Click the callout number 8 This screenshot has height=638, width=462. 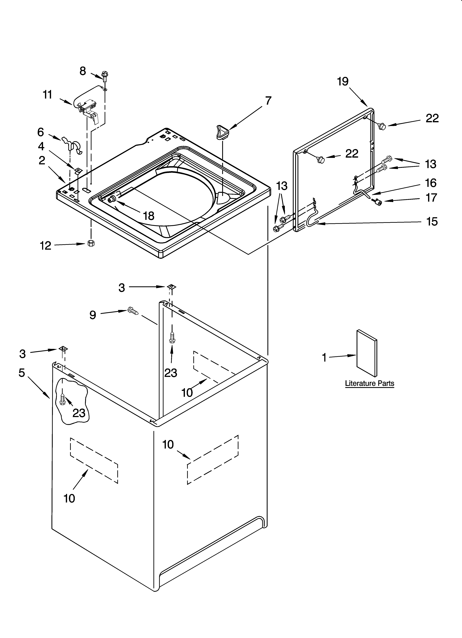click(x=82, y=71)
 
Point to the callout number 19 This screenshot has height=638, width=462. click(x=343, y=82)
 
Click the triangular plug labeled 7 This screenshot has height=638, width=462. click(x=222, y=132)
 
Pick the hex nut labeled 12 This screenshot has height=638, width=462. click(x=91, y=243)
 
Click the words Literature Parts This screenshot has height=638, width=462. click(x=369, y=383)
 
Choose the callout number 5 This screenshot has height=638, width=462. click(x=22, y=373)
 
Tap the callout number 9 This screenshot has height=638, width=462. click(x=93, y=315)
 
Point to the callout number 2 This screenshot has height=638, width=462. click(x=42, y=161)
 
